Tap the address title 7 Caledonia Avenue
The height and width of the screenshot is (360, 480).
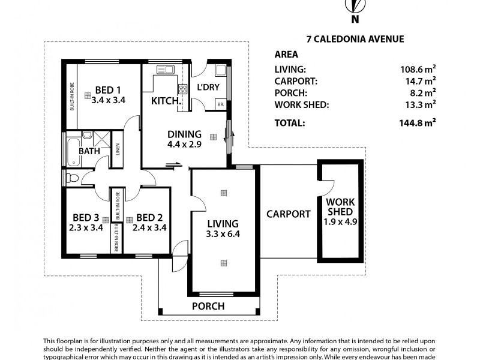(x=338, y=40)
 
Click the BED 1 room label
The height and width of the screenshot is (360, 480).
(x=108, y=91)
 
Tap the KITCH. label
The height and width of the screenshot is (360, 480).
(x=166, y=101)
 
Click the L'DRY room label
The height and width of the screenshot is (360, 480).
(x=208, y=88)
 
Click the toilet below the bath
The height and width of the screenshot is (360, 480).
(x=71, y=178)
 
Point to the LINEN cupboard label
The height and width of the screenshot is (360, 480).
(x=118, y=156)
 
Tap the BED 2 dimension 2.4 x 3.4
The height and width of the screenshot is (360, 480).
(x=149, y=227)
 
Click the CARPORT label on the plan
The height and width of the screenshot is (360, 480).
(x=288, y=214)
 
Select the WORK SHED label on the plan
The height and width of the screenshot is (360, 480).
(x=340, y=207)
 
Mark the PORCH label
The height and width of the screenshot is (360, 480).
(x=208, y=306)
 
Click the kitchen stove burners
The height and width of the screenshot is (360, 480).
(x=183, y=89)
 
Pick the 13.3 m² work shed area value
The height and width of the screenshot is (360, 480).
(x=418, y=105)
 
